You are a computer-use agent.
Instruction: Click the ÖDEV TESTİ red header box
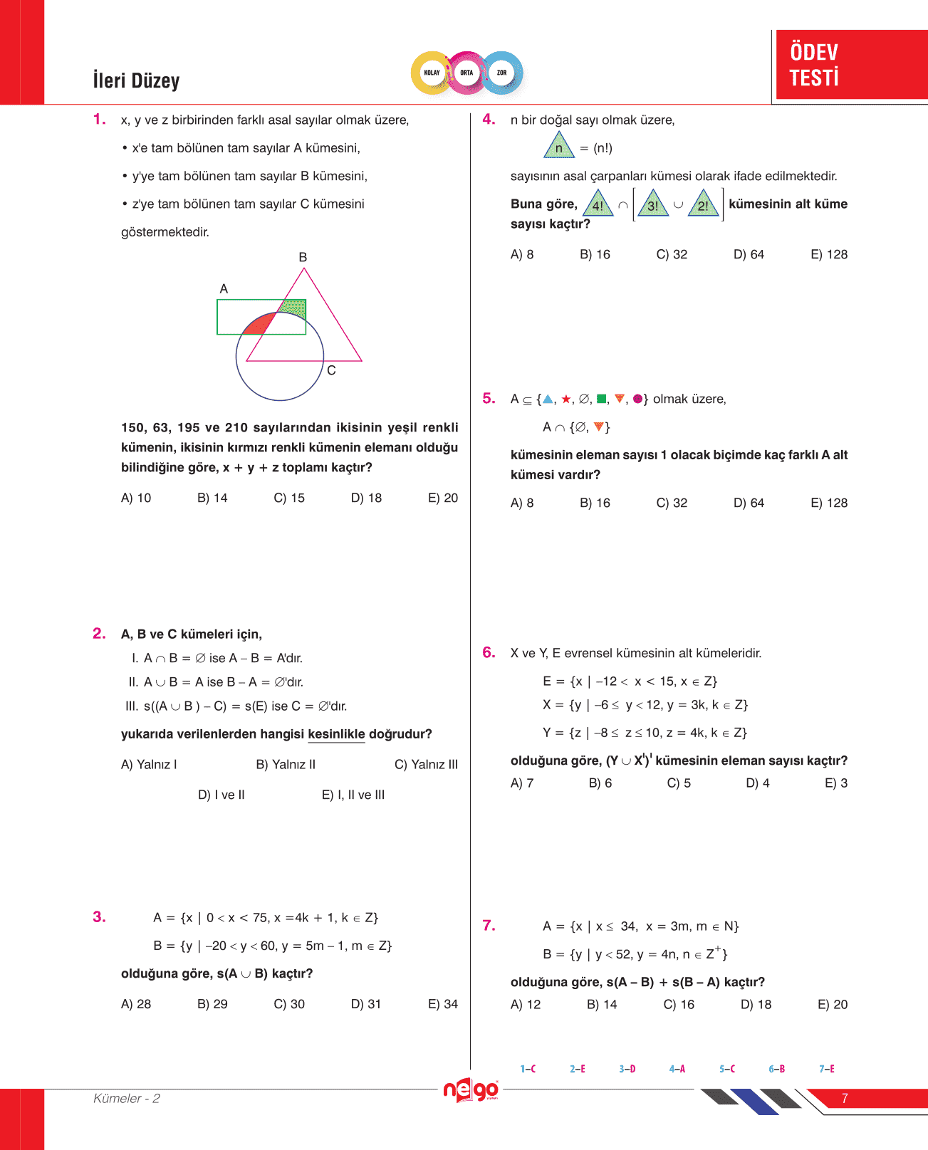click(851, 65)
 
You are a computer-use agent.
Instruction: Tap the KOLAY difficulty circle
click(432, 73)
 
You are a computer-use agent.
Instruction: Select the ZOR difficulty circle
click(502, 73)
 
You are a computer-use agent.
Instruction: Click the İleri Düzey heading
click(136, 80)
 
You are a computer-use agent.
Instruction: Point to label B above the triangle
click(303, 257)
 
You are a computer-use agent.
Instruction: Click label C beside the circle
click(331, 370)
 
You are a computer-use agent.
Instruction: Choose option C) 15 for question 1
click(289, 498)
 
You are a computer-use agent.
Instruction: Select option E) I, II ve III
click(353, 795)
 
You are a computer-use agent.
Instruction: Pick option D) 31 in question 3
click(366, 1004)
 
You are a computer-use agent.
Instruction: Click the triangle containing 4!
click(598, 204)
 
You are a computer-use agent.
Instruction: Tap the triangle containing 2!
click(704, 204)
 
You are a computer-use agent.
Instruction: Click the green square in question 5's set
click(602, 399)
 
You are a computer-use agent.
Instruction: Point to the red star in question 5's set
click(566, 399)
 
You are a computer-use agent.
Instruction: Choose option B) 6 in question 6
click(600, 783)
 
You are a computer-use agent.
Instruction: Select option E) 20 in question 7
click(833, 1005)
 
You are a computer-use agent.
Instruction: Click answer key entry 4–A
click(677, 1069)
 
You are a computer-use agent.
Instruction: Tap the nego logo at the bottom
click(470, 1090)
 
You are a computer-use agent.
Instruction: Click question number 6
click(489, 652)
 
